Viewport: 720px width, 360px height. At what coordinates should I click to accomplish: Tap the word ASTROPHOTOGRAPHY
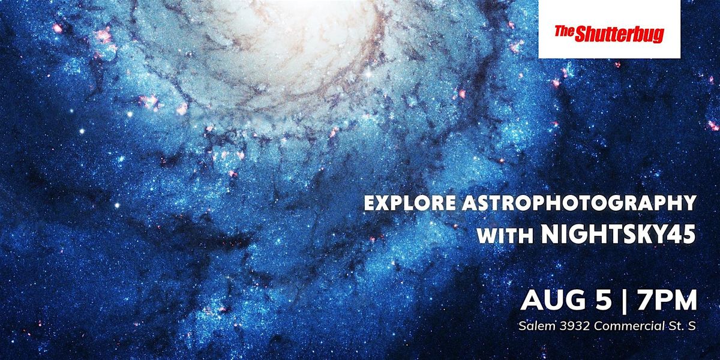pyautogui.click(x=579, y=203)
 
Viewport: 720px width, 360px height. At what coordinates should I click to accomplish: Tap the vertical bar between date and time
pyautogui.click(x=624, y=301)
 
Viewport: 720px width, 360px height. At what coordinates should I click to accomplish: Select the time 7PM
pyautogui.click(x=667, y=300)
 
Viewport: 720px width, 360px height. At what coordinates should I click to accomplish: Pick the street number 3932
pyautogui.click(x=575, y=326)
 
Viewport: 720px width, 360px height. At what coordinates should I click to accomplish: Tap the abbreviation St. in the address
pyautogui.click(x=673, y=326)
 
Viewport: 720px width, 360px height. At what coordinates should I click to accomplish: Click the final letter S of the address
pyautogui.click(x=692, y=326)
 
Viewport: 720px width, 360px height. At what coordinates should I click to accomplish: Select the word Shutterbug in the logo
pyautogui.click(x=619, y=34)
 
